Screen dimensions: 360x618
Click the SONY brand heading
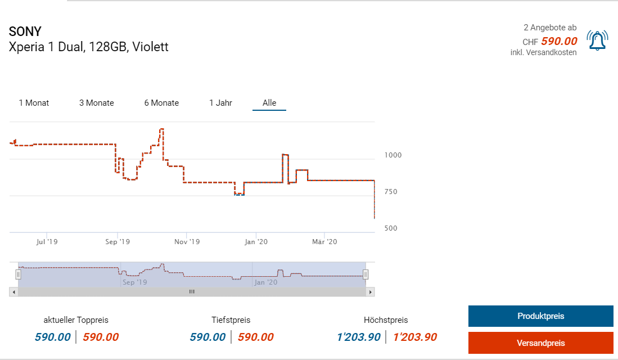[x=25, y=31]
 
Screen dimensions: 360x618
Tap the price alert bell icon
[x=597, y=40]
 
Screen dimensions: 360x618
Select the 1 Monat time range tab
[x=34, y=103]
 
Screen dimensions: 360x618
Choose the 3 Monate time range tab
[x=96, y=103]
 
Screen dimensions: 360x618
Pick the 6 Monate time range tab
[x=161, y=103]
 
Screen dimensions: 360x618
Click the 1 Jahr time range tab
[x=220, y=103]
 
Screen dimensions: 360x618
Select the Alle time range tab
[x=269, y=103]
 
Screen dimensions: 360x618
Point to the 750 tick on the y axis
[x=391, y=192]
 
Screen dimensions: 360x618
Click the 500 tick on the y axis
[x=391, y=228]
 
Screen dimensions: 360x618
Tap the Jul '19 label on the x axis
[x=47, y=242]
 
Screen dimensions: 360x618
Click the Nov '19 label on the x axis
[x=187, y=242]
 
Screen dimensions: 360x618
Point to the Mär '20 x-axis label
[x=324, y=242]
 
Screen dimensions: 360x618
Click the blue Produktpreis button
[x=540, y=316]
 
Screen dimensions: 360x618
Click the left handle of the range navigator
[x=18, y=274]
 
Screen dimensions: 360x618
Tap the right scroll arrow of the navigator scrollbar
[x=370, y=292]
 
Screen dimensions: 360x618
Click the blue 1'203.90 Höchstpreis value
[x=358, y=337]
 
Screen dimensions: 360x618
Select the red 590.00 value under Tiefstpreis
[x=255, y=337]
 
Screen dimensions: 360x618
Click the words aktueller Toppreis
[x=76, y=320]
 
